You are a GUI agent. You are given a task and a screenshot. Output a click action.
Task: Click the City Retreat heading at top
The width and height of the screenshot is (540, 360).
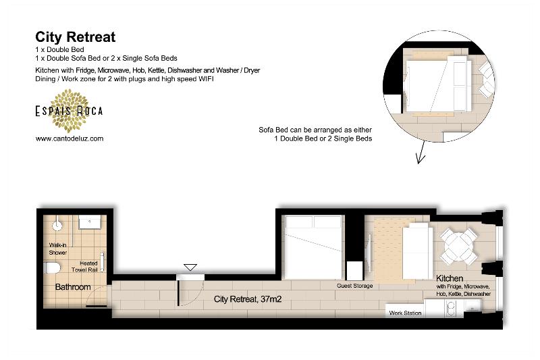[75, 37]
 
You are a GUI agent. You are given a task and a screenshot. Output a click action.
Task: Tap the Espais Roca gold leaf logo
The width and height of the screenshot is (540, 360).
[70, 111]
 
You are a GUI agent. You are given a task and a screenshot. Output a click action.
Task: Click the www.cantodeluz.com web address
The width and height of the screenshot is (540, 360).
[70, 138]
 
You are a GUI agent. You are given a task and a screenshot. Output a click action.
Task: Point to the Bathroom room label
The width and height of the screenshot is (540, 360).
[73, 287]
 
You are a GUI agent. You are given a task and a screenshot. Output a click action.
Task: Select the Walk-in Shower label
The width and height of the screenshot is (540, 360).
[57, 249]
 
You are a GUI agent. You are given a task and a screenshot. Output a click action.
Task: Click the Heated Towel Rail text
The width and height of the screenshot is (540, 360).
[84, 266]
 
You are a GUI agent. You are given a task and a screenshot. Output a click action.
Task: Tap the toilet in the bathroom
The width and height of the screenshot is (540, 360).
[52, 267]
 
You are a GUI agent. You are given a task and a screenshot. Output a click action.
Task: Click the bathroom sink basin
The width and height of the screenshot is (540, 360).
[90, 222]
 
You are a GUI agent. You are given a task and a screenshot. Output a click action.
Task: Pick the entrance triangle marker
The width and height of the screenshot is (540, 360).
[190, 267]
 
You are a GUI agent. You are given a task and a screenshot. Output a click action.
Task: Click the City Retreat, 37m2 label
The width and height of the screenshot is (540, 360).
[248, 299]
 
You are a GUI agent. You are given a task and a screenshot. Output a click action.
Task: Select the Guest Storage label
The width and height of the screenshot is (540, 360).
[355, 286]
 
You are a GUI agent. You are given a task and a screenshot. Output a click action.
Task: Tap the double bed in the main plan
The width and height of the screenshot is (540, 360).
[313, 247]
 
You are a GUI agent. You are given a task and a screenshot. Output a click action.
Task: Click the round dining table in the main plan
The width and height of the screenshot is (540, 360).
[459, 247]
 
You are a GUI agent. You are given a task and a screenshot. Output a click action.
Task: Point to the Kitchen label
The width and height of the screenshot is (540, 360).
[450, 278]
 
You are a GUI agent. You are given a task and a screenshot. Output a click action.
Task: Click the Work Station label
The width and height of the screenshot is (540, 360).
[405, 313]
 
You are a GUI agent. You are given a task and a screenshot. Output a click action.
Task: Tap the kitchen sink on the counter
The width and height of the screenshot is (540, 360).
[450, 308]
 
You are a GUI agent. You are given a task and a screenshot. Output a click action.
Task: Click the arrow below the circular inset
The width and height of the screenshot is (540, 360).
[421, 152]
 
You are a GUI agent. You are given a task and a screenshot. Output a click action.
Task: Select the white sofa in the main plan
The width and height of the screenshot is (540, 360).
[418, 251]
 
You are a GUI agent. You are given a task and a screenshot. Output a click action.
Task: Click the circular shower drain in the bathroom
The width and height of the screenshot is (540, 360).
[57, 226]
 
